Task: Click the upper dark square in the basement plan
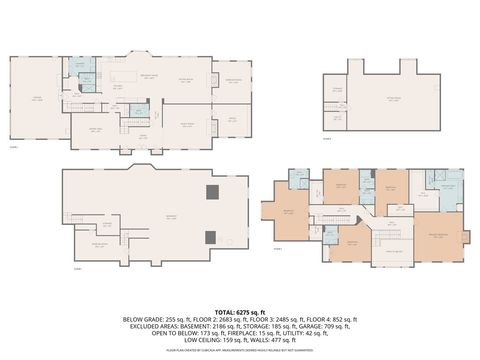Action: pyautogui.click(x=210, y=193)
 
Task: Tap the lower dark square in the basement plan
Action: pyautogui.click(x=210, y=237)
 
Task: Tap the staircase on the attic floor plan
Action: pyautogui.click(x=334, y=111)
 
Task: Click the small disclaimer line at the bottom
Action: pyautogui.click(x=240, y=350)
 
